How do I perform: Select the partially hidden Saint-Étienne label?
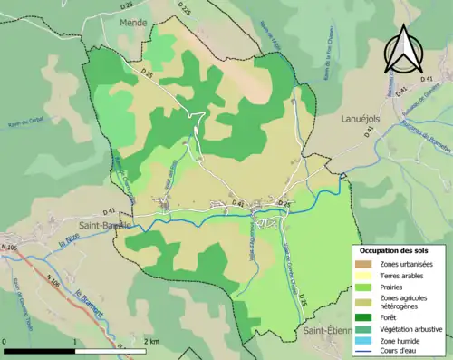coord(330,332)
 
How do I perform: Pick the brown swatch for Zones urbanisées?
coord(364,264)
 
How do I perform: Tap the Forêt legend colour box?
coord(364,317)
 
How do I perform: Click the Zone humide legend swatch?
coord(364,340)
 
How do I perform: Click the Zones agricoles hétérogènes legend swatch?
coord(364,301)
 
